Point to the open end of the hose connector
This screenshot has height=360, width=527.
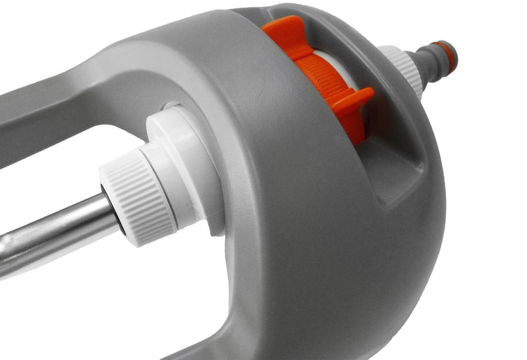[453, 55]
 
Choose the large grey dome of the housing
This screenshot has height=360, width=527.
[316, 218]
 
